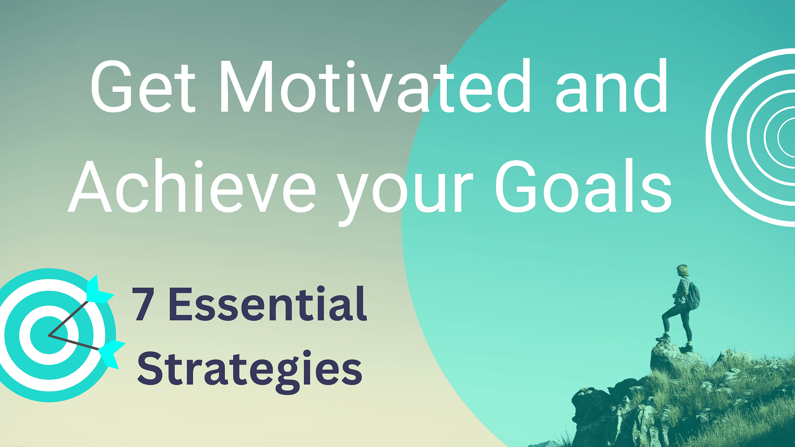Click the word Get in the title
[x=142, y=87]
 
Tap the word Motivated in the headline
[x=375, y=87]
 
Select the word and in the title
[x=611, y=87]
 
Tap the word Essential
[x=267, y=304]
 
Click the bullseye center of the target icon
[x=48, y=335]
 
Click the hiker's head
[x=682, y=271]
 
